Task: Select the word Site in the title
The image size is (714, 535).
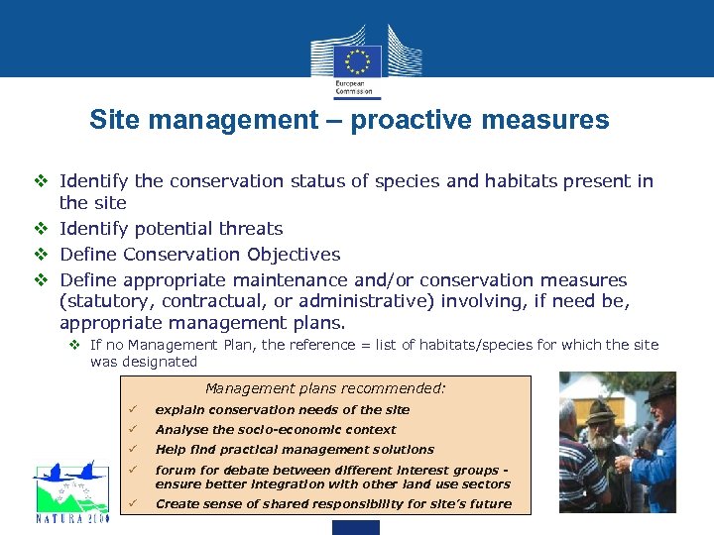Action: pyautogui.click(x=112, y=121)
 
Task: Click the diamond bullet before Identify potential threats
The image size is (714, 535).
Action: pyautogui.click(x=42, y=229)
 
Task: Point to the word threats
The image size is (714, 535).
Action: pyautogui.click(x=248, y=229)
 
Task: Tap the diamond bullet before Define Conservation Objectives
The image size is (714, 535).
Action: pyautogui.click(x=42, y=255)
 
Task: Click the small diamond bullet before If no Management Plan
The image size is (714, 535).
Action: pyautogui.click(x=75, y=345)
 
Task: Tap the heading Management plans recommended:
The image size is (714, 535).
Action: pyautogui.click(x=325, y=388)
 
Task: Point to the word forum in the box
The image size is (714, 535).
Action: pyautogui.click(x=176, y=471)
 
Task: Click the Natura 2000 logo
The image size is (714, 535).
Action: pyautogui.click(x=69, y=490)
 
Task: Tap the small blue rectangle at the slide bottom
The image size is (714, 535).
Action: pyautogui.click(x=356, y=527)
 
